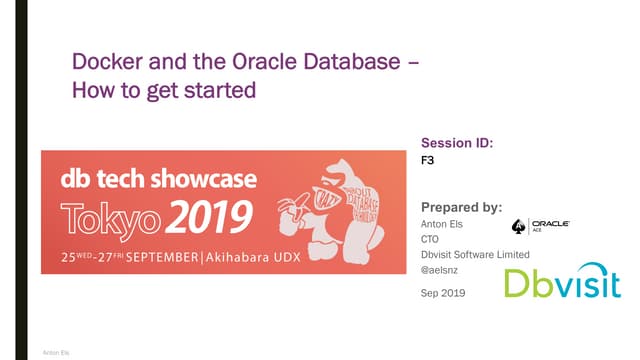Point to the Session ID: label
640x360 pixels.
457,143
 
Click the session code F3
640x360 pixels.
427,160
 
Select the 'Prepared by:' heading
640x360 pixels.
461,207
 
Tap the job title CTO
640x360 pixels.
430,239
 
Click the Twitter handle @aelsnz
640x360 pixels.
440,269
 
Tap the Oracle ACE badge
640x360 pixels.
540,226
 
